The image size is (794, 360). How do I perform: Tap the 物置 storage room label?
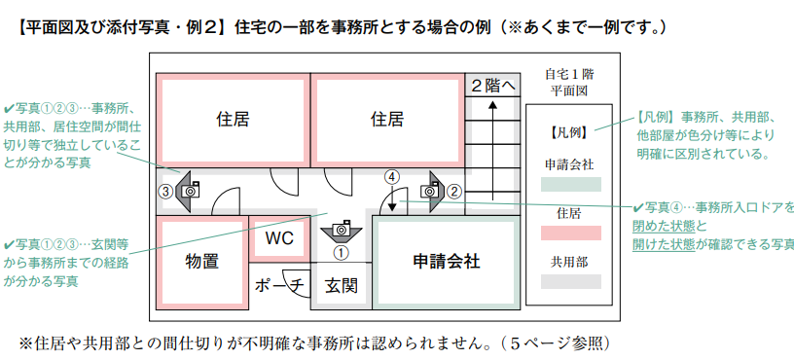201,261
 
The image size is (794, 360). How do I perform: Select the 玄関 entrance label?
341,285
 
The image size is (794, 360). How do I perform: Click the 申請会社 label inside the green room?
446,261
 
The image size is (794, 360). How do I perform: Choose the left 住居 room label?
233,120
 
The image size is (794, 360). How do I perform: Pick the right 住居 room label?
387,120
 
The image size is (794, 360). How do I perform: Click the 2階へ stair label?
494,86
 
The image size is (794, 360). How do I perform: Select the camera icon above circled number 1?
341,231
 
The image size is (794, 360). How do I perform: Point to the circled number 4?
391,177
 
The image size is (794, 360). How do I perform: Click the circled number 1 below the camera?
341,252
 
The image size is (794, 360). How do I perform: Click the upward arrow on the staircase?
494,146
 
